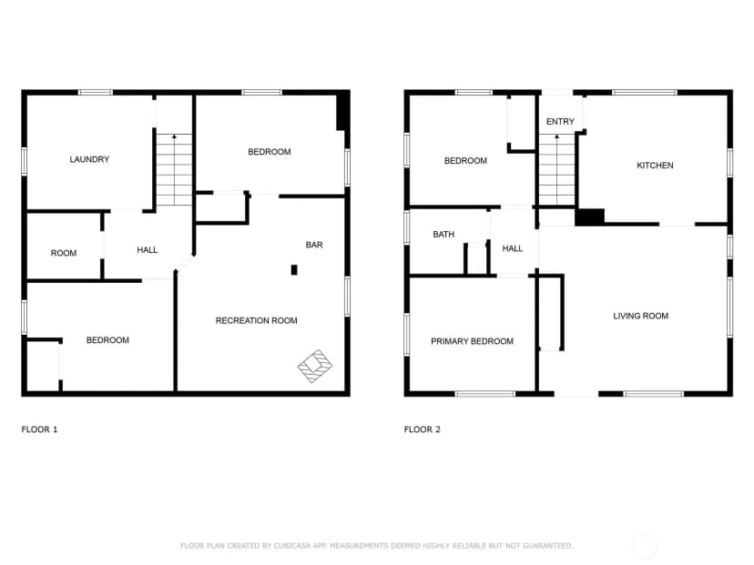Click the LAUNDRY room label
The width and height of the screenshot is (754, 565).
pyautogui.click(x=89, y=159)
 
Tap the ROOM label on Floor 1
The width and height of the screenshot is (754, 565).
pyautogui.click(x=64, y=253)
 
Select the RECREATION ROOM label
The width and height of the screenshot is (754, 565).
pyautogui.click(x=256, y=320)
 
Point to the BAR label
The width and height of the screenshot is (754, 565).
pyautogui.click(x=314, y=245)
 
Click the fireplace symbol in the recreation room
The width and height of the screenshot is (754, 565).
pyautogui.click(x=315, y=366)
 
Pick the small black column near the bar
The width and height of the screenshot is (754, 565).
pyautogui.click(x=294, y=270)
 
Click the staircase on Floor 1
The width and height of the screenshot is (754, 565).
pyautogui.click(x=174, y=169)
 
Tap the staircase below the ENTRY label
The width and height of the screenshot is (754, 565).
pyautogui.click(x=556, y=169)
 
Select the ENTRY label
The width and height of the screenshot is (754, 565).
pyautogui.click(x=560, y=122)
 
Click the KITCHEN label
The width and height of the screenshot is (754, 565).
pyautogui.click(x=655, y=166)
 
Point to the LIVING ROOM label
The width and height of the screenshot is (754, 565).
pyautogui.click(x=640, y=316)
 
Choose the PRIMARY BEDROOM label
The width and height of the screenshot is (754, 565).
pyautogui.click(x=473, y=341)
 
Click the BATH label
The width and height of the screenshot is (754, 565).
pyautogui.click(x=443, y=235)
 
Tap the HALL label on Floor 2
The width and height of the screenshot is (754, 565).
pyautogui.click(x=513, y=248)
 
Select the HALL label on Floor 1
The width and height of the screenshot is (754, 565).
pyautogui.click(x=148, y=250)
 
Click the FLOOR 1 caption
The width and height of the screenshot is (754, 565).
pyautogui.click(x=39, y=429)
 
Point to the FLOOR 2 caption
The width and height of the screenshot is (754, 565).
pyautogui.click(x=423, y=429)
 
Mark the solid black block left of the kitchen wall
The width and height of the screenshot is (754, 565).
pyautogui.click(x=590, y=217)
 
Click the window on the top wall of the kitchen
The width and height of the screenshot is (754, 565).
pyautogui.click(x=645, y=92)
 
